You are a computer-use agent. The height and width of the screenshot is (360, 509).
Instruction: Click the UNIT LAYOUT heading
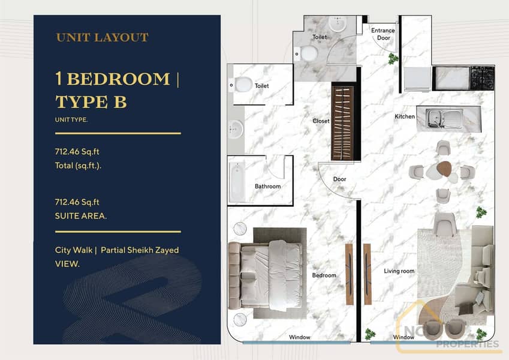103,37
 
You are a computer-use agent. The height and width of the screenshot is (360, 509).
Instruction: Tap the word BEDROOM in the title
119,79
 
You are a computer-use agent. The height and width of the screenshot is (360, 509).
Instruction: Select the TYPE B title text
91,101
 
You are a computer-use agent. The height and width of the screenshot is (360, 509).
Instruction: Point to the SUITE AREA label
81,216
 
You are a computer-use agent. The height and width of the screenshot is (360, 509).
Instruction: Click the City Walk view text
74,250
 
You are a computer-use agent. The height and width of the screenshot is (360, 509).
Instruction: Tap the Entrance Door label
383,34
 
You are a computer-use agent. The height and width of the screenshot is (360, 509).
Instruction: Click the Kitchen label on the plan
405,116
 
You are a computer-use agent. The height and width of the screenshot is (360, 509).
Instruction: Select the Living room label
399,271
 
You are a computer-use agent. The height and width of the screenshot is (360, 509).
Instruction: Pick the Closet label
321,121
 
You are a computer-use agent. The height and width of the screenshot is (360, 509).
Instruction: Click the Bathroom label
268,186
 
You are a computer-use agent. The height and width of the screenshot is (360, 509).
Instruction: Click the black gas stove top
483,78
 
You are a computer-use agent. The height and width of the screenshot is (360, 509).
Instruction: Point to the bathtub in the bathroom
237,181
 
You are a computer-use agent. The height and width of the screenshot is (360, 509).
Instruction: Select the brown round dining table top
444,169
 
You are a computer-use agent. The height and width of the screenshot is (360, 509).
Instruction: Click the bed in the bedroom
267,275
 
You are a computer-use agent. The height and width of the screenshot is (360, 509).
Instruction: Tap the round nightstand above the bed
240,229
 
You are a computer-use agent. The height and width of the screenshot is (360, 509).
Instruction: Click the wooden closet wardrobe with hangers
342,123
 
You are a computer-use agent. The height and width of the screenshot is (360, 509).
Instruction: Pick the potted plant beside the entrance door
393,59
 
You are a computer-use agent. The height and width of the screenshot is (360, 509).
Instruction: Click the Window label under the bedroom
300,337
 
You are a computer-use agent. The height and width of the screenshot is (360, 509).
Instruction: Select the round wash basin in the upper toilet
338,24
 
